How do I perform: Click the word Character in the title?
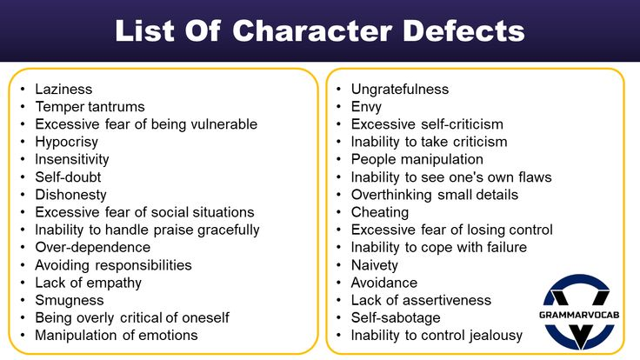312,31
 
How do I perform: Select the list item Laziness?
63,89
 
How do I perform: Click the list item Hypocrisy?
67,142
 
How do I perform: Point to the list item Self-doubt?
68,177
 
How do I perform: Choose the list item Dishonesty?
70,195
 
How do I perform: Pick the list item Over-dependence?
93,247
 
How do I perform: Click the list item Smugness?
70,300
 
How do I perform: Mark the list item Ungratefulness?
400,89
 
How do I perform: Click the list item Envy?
366,107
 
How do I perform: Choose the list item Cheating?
380,213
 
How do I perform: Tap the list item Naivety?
374,265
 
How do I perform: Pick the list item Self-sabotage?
396,317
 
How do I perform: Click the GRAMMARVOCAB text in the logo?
579,315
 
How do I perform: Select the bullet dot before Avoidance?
339,283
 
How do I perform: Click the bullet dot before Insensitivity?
23,159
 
